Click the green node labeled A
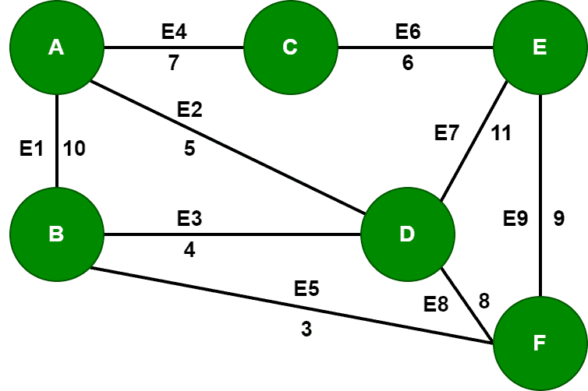pyautogui.click(x=56, y=48)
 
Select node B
pyautogui.click(x=56, y=234)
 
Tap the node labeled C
pyautogui.click(x=290, y=48)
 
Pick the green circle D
pyautogui.click(x=406, y=234)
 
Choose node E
pyautogui.click(x=540, y=48)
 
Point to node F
pyautogui.click(x=540, y=342)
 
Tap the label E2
pyautogui.click(x=190, y=110)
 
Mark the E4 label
pyautogui.click(x=173, y=32)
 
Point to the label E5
pyautogui.click(x=306, y=290)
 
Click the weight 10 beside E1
pyautogui.click(x=75, y=150)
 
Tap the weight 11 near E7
pyautogui.click(x=500, y=133)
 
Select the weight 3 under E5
pyautogui.click(x=306, y=329)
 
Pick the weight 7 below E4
pyautogui.click(x=173, y=63)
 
